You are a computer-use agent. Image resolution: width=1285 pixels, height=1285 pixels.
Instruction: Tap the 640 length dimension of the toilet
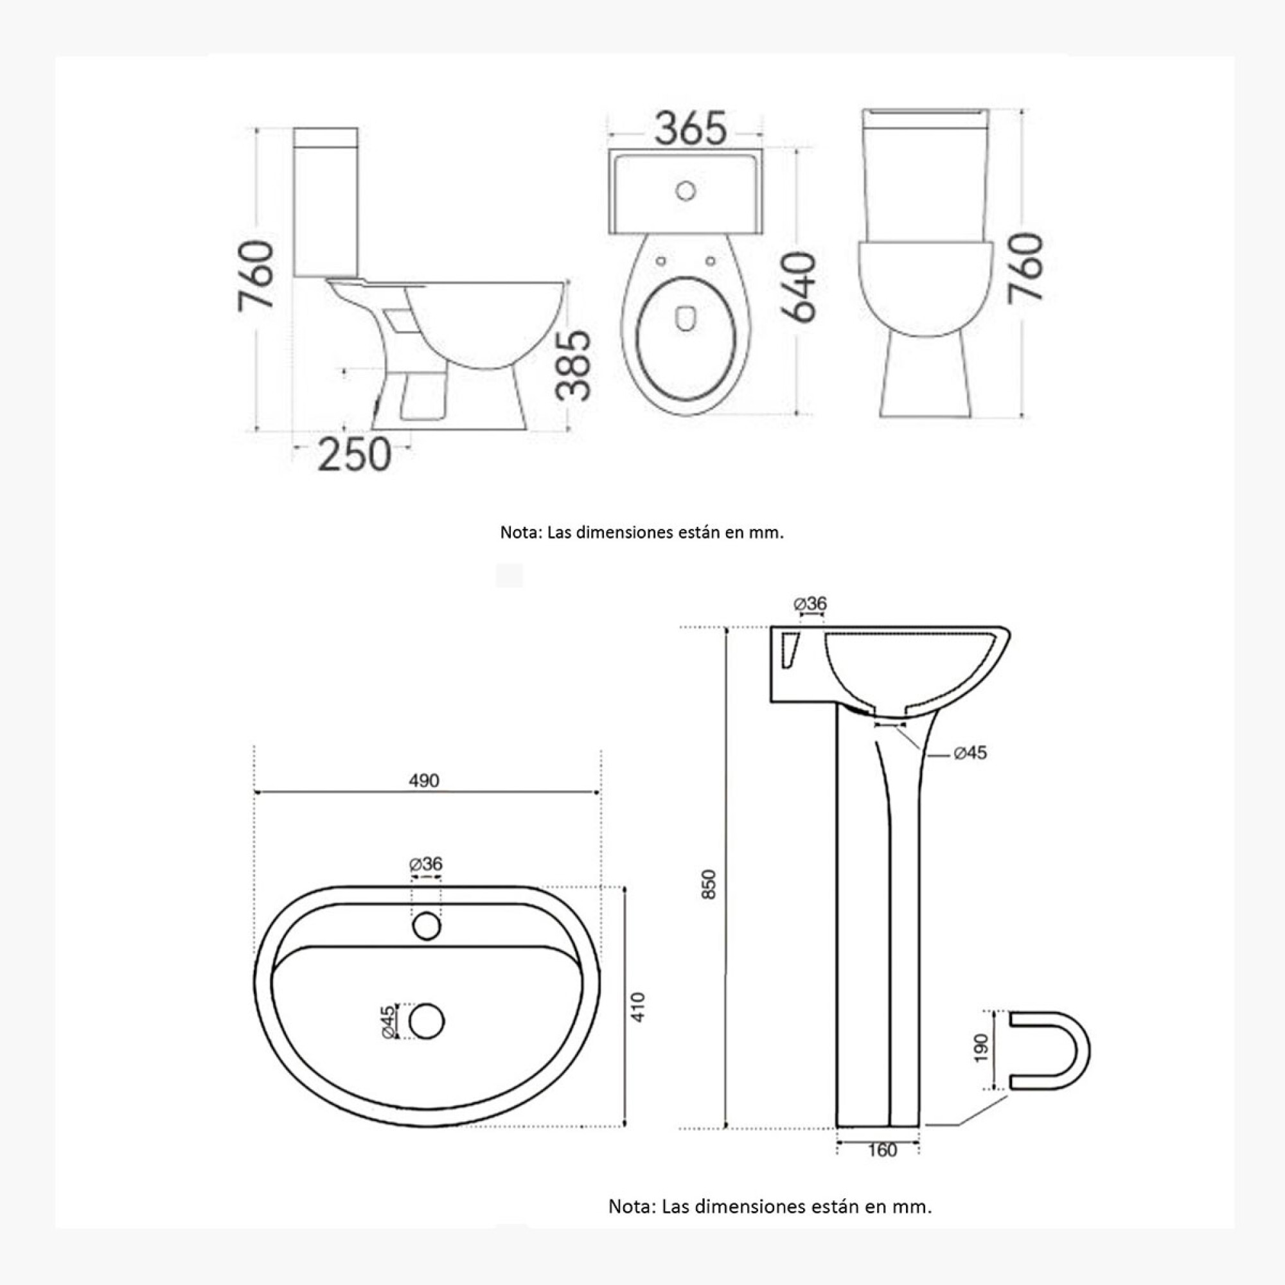point(798,287)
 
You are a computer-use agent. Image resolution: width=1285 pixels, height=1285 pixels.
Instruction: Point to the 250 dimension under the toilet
point(355,455)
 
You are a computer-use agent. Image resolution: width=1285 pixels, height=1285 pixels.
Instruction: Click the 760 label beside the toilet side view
point(256,276)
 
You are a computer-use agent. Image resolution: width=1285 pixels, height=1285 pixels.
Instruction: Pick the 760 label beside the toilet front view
point(1025,269)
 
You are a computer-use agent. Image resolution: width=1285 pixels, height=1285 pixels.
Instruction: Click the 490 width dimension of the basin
point(424,780)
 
